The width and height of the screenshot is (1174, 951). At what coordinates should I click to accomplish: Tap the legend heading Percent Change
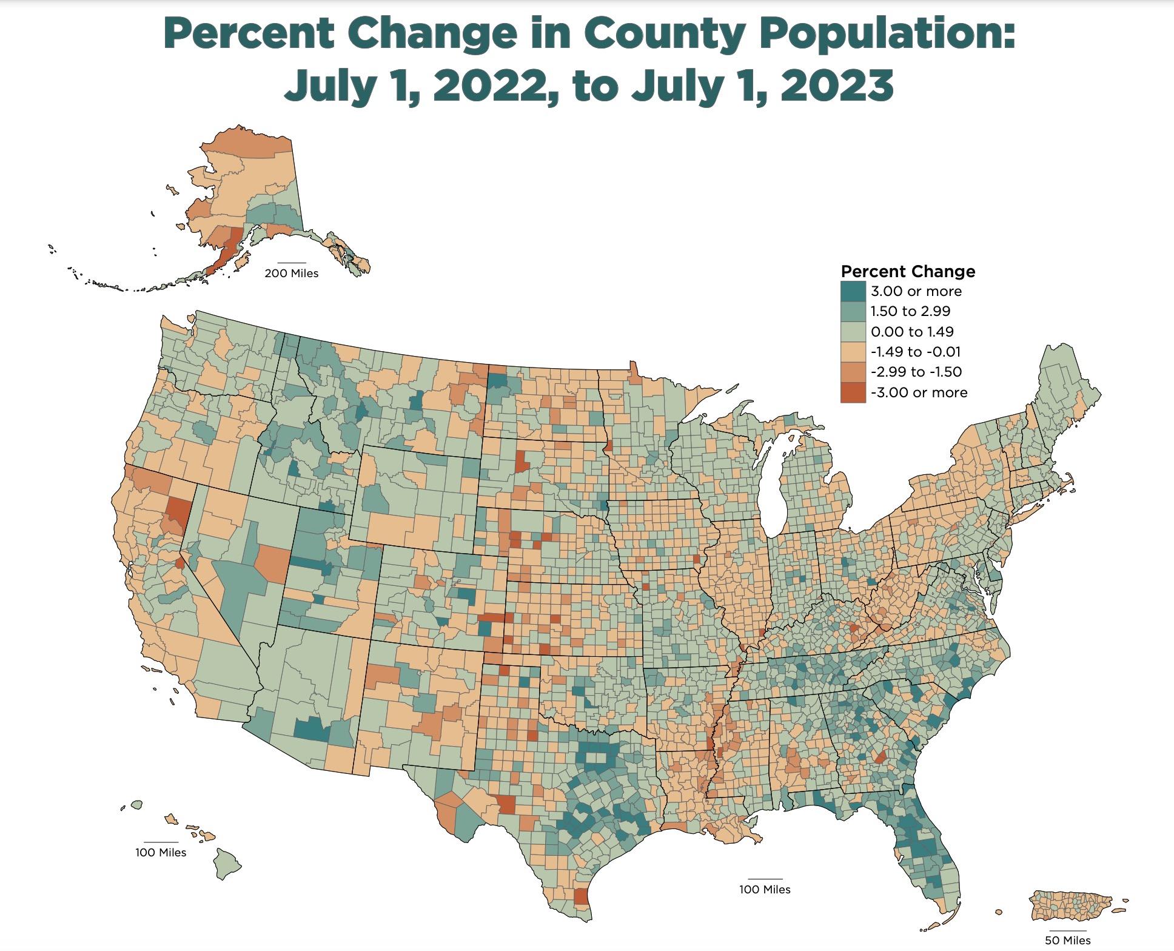[x=908, y=271]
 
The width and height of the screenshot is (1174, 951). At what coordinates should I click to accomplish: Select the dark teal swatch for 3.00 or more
[x=853, y=291]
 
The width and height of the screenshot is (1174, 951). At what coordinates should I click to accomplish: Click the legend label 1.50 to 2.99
[x=910, y=311]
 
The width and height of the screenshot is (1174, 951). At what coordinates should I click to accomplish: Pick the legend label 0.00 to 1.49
[x=911, y=332]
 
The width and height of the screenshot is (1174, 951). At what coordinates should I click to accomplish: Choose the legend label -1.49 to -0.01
[x=915, y=352]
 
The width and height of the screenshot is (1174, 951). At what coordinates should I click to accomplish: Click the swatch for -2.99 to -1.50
[x=853, y=372]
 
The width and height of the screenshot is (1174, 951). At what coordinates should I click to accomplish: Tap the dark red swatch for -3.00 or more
[x=853, y=392]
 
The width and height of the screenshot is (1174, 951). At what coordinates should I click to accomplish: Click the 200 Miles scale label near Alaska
[x=291, y=274]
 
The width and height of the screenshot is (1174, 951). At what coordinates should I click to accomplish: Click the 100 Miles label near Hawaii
[x=161, y=852]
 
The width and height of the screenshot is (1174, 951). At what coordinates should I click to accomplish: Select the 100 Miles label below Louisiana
[x=764, y=889]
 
